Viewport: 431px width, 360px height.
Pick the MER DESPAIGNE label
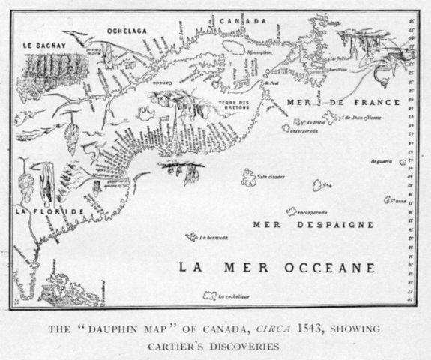313,224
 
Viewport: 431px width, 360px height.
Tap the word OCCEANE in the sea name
324,267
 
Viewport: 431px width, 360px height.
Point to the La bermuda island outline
191,237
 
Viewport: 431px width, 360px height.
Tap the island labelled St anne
390,200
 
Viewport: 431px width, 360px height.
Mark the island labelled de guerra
403,161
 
